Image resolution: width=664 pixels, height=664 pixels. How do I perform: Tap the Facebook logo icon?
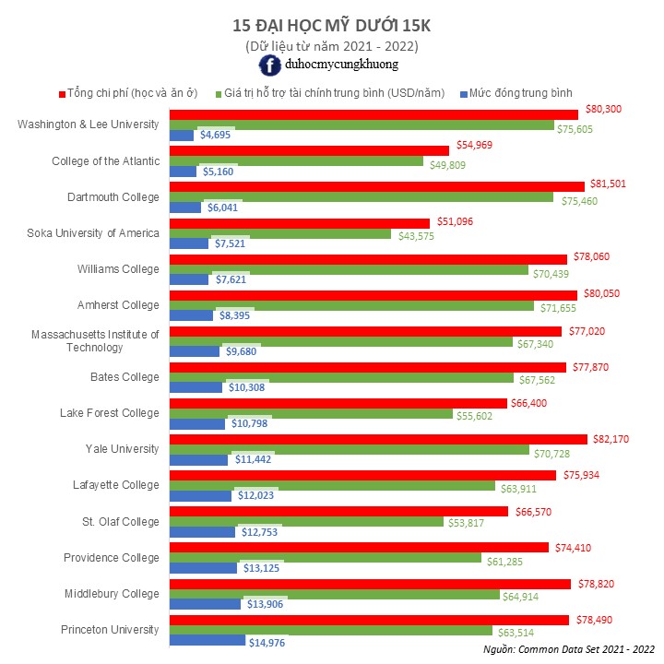point(270,65)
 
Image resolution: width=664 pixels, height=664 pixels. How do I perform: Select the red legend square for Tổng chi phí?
point(62,93)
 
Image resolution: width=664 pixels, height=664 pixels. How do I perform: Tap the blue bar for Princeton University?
point(207,640)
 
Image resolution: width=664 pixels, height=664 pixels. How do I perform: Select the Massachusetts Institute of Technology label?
point(95,341)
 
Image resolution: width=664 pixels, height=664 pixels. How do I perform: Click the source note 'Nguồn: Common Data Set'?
point(569,650)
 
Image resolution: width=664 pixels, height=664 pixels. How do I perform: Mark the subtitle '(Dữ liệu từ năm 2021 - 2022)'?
point(331,45)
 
